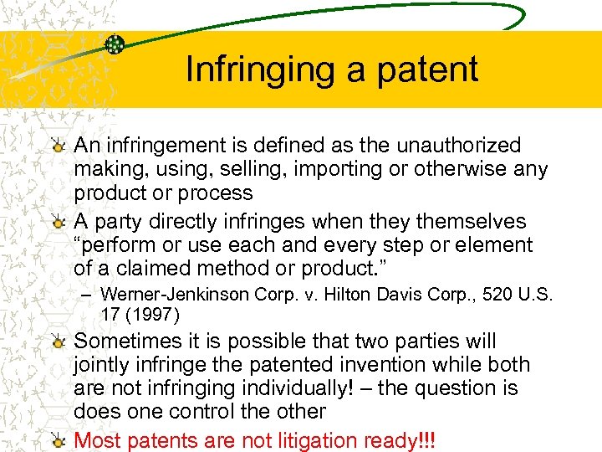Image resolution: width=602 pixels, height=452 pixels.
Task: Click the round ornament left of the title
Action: tap(115, 44)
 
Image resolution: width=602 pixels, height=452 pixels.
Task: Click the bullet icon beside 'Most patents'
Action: tap(58, 440)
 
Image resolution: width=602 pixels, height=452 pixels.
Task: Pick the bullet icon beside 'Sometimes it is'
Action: tap(58, 342)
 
